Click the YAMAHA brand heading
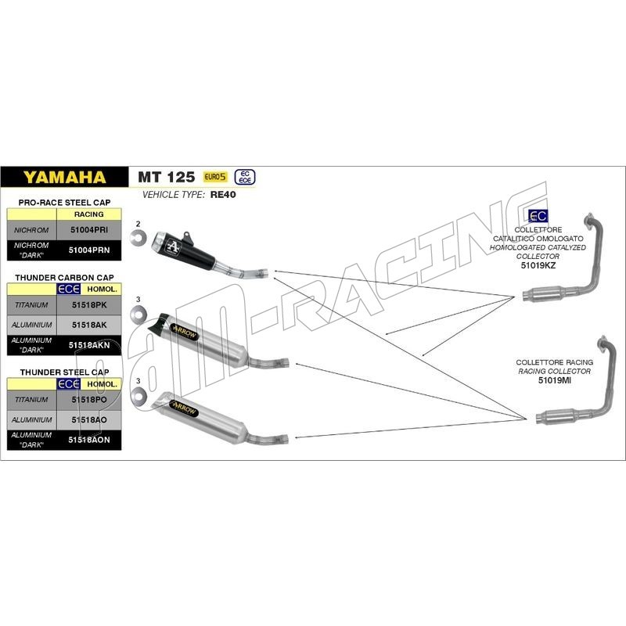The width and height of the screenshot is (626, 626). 64,177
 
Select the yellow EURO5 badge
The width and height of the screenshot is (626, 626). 215,177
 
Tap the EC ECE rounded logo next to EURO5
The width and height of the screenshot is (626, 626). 245,177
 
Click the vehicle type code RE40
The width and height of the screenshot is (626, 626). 223,194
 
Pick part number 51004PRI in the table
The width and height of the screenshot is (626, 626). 89,230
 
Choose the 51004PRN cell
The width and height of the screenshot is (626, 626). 89,250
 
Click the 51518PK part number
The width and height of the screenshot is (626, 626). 89,304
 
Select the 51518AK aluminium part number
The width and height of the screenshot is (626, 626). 89,325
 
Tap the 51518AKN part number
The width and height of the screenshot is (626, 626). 89,345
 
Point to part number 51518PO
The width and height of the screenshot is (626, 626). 89,400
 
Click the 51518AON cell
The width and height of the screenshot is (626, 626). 89,440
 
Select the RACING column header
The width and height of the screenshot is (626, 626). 88,214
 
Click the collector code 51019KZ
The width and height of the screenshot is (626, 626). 538,265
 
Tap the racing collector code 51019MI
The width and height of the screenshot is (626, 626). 555,380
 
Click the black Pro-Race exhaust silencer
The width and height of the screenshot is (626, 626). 184,250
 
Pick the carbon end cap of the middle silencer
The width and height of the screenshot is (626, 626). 159,322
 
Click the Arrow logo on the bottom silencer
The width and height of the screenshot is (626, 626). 184,408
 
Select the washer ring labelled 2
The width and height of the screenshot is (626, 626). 139,238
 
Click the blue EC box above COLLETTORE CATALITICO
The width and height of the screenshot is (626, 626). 538,216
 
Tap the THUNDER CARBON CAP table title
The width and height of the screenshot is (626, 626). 64,278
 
